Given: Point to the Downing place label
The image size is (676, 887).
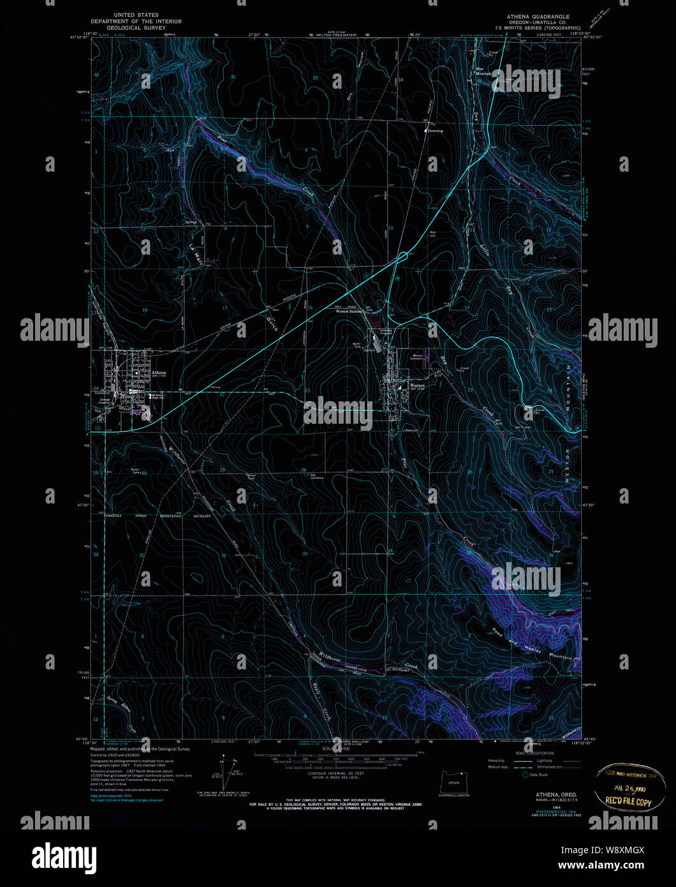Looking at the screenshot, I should pos(435,131).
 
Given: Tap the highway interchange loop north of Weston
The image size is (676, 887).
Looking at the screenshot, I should pos(402,256).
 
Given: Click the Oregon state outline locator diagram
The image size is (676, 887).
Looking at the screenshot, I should pos(453,781).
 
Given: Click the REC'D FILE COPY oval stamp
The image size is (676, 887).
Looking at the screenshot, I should pos(624,783).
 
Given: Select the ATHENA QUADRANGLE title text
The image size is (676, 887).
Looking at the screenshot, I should pos(538,17).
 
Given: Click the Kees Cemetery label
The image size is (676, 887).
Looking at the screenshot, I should pos(317,476).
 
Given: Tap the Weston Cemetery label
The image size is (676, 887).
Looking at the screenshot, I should pos(418,357).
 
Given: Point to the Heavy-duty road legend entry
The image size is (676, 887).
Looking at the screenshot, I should pos(499,761).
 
